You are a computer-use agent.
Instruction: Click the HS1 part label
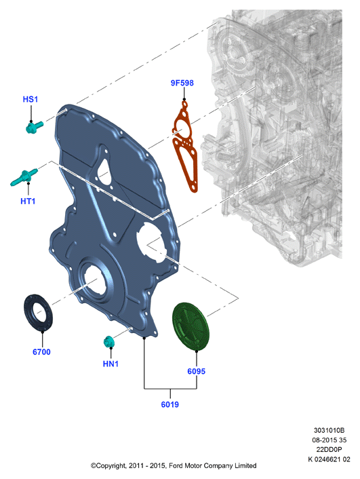[31, 99]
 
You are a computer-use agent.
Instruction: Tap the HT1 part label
[28, 202]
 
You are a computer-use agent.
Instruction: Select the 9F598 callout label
[182, 83]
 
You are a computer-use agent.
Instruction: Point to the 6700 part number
[41, 352]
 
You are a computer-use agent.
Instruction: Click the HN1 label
[111, 364]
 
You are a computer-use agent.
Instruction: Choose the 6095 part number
[197, 372]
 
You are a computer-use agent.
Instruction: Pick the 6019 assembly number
[169, 404]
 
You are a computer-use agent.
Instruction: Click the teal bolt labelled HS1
[34, 126]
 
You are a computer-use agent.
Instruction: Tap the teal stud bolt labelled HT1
[24, 177]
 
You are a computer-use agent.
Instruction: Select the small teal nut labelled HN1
[108, 341]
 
